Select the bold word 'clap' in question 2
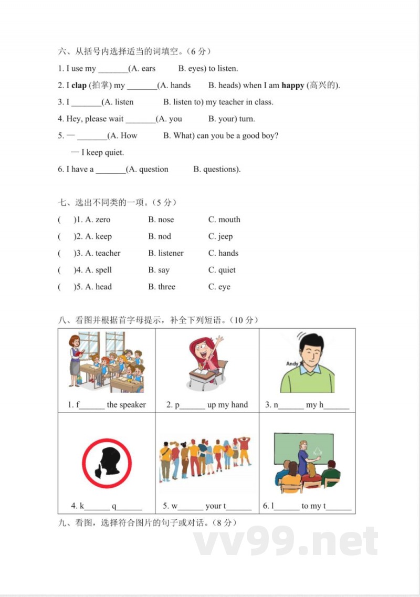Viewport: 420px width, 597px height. [x=79, y=85]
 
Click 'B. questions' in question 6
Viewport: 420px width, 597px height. [x=216, y=169]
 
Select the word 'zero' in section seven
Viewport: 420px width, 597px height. [x=103, y=219]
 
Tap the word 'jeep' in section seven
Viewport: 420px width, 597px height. [x=225, y=236]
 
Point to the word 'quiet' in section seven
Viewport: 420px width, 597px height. [x=227, y=270]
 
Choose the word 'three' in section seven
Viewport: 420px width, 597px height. [x=166, y=287]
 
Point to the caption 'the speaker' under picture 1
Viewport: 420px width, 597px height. [x=126, y=405]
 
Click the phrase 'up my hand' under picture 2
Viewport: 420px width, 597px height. [x=227, y=405]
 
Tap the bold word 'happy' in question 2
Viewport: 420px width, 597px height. [x=292, y=85]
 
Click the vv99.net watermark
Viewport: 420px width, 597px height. [x=286, y=541]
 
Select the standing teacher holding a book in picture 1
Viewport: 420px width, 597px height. [x=75, y=360]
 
